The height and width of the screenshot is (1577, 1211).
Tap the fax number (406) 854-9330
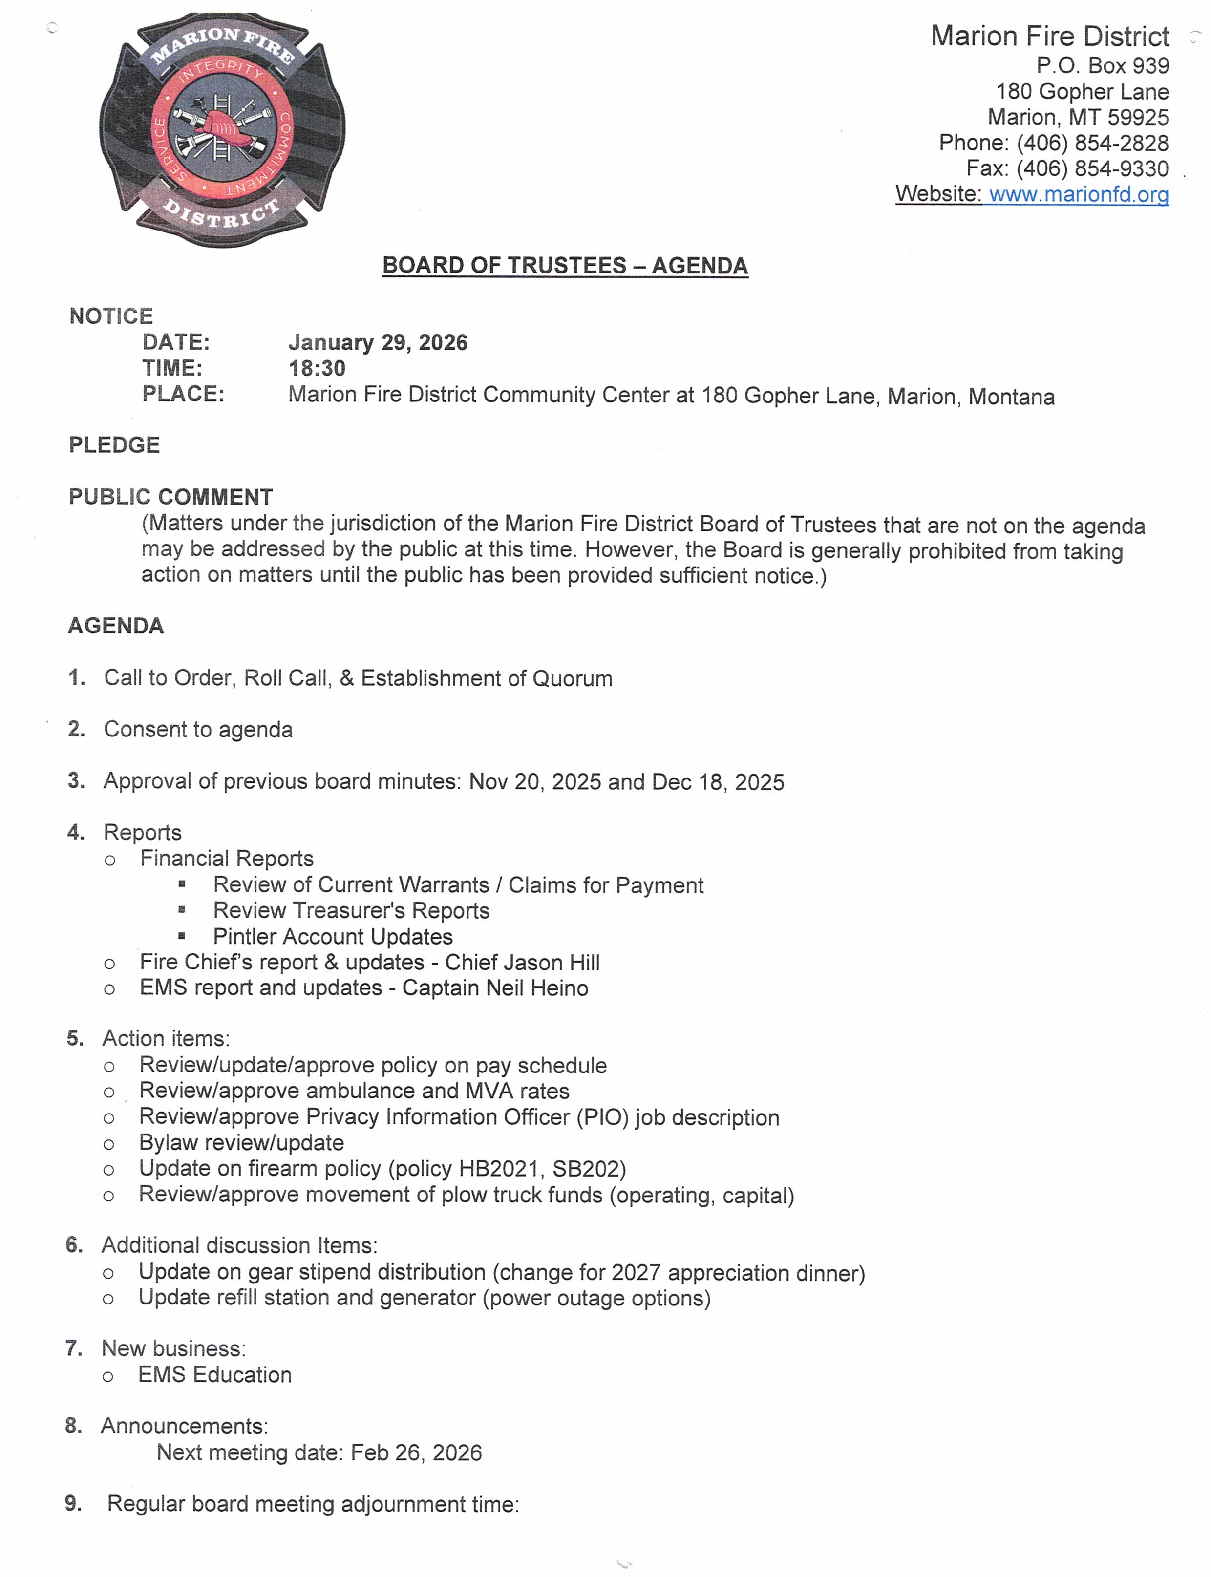(1092, 168)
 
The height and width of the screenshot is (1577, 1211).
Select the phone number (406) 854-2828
(1092, 143)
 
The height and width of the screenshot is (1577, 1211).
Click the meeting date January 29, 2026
(378, 342)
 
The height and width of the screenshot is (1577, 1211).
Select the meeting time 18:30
(317, 368)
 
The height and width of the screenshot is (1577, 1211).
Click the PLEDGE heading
(114, 445)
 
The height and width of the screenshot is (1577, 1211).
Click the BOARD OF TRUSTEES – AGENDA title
(565, 265)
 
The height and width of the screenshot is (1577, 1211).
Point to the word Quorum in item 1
(573, 678)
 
